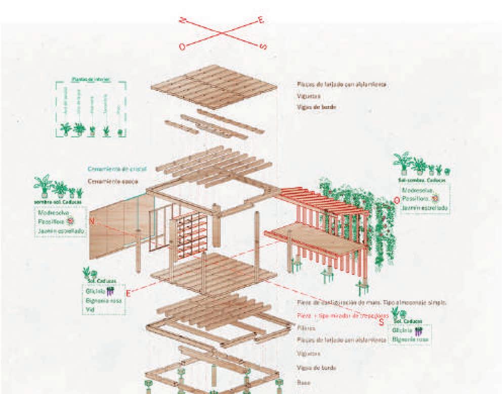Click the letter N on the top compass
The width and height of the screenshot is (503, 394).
[x=182, y=20]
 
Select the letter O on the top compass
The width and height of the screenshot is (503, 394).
[x=182, y=46]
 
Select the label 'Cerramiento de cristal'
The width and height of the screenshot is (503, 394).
[x=117, y=169]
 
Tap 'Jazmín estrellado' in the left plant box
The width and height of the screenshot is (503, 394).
[x=61, y=231]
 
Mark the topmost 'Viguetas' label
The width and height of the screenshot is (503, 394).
[x=308, y=95]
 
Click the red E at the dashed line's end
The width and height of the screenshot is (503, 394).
[x=129, y=293]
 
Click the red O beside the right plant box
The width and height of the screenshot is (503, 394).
[x=397, y=200]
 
